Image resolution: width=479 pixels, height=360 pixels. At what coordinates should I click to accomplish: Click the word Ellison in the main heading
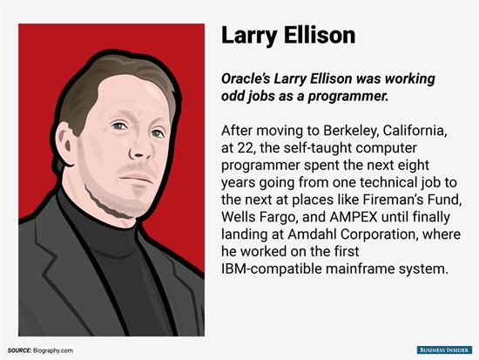(x=320, y=35)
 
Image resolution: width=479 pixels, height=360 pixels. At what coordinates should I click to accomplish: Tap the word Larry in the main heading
(x=249, y=37)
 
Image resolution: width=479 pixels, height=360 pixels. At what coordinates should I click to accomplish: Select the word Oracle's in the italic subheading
(x=246, y=78)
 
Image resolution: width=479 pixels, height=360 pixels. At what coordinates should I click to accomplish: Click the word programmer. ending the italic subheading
(x=348, y=97)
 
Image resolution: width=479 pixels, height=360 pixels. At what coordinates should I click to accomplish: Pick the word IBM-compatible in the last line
(x=271, y=269)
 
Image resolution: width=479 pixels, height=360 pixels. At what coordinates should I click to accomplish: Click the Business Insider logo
(x=444, y=350)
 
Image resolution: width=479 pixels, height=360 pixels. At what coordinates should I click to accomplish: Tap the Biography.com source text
(x=53, y=350)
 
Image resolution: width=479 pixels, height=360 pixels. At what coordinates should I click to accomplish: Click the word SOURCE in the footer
(x=19, y=350)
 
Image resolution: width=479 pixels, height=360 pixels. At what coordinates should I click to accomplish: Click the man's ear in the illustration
(x=64, y=145)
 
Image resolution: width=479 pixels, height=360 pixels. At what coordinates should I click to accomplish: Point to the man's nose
(x=140, y=146)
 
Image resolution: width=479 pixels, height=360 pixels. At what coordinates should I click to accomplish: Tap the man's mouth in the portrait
(x=136, y=178)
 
